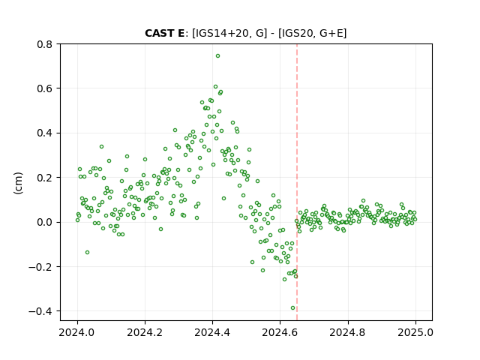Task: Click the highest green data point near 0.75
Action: (x=217, y=56)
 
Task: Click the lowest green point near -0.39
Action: (x=292, y=308)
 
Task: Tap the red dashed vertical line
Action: (x=297, y=182)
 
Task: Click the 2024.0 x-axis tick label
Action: (x=77, y=332)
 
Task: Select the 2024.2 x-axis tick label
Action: (x=145, y=332)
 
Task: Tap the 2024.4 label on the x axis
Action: (x=212, y=332)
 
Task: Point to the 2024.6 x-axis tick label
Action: (x=280, y=332)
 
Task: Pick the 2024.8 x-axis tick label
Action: (x=348, y=332)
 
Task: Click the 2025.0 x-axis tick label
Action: (x=415, y=332)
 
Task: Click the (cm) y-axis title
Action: (x=18, y=183)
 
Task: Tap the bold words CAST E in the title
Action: (x=165, y=33)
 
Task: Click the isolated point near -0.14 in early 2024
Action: (x=87, y=252)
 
